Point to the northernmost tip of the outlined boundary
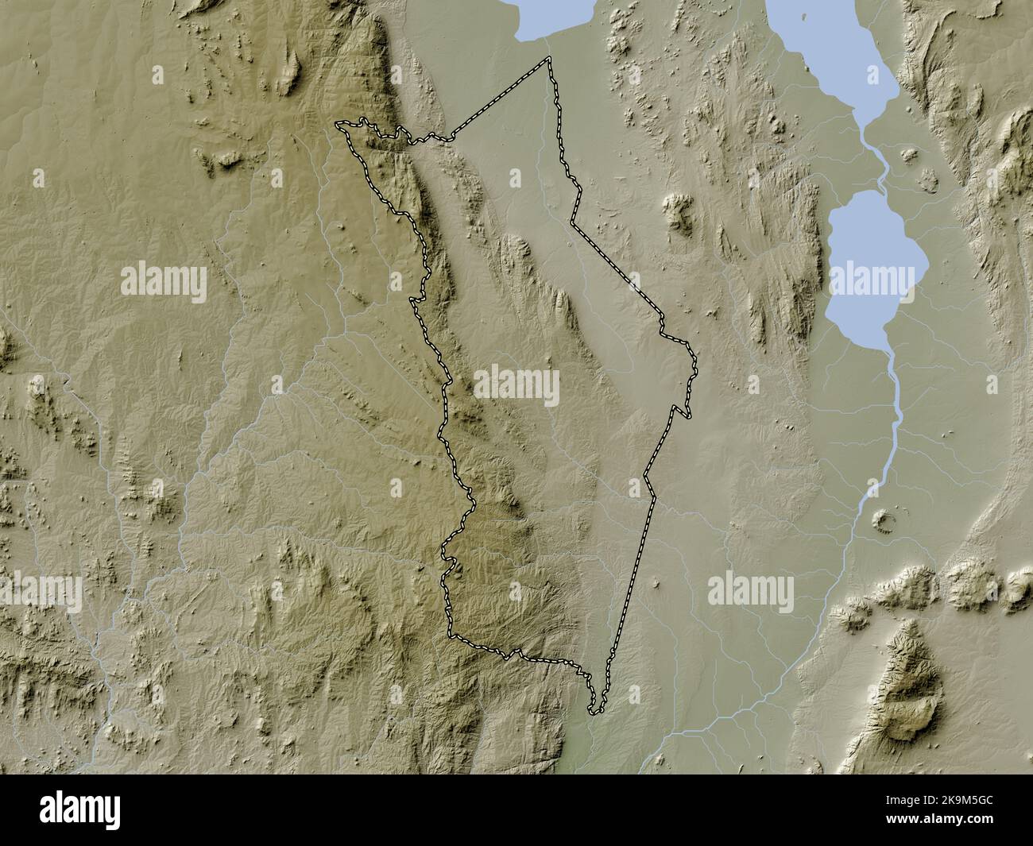tap(548, 59)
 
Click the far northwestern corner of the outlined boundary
tap(338, 124)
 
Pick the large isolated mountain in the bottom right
tap(906, 683)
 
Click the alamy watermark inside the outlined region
tap(516, 386)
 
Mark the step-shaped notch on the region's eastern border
tap(682, 411)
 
